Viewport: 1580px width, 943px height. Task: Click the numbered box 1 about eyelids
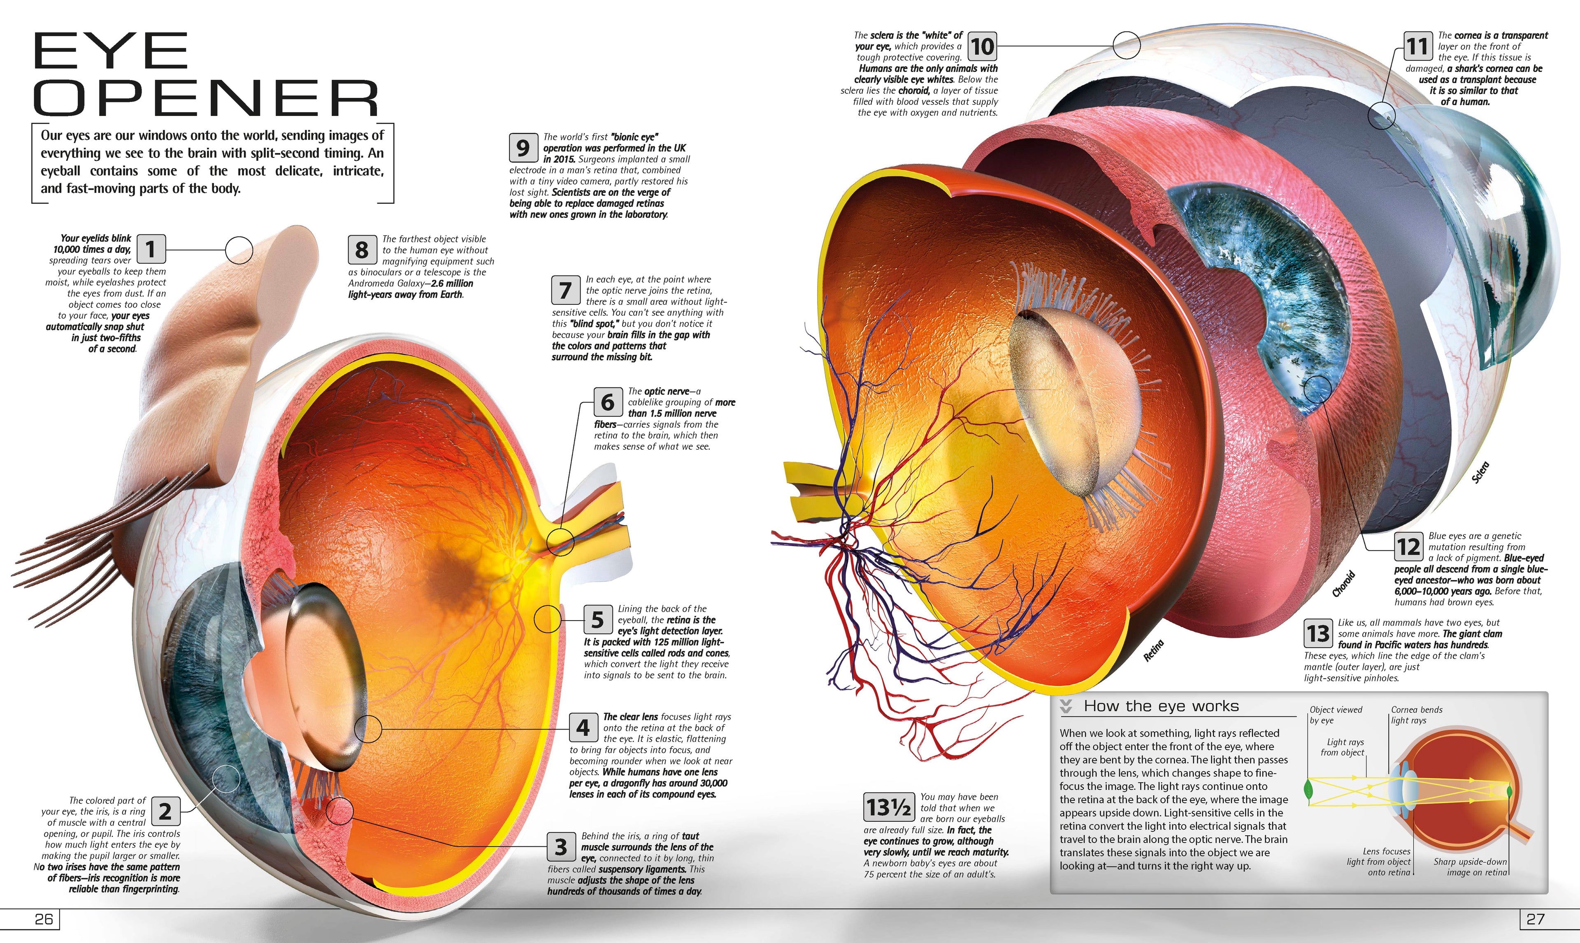(151, 249)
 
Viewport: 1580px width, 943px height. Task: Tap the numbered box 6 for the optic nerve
(608, 402)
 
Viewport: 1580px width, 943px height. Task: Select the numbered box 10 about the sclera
(982, 46)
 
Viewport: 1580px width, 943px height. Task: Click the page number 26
(44, 919)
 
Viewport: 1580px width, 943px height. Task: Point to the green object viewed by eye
(1308, 790)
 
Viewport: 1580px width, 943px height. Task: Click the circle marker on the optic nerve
(560, 541)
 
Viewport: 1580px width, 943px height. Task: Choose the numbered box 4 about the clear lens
(583, 728)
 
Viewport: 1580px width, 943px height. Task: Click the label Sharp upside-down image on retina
(1470, 867)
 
